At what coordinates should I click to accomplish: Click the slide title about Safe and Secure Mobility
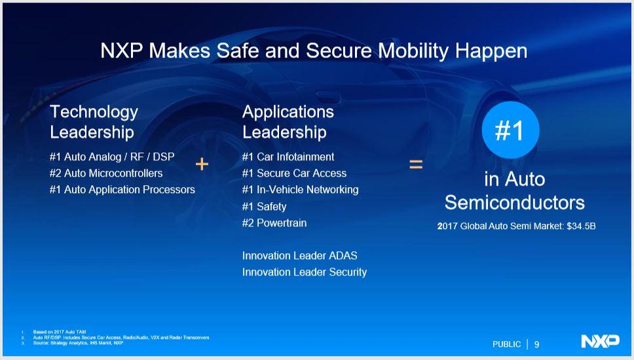click(314, 51)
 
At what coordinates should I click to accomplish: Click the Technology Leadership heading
click(94, 122)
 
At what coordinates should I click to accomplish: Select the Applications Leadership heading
click(288, 122)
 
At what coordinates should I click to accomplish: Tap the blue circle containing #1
click(510, 131)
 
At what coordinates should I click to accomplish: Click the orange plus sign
click(202, 164)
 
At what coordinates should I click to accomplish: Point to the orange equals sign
click(416, 165)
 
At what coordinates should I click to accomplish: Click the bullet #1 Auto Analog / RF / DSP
click(111, 157)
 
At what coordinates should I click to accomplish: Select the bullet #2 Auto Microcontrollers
click(105, 173)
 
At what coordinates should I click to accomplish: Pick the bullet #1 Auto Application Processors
click(122, 190)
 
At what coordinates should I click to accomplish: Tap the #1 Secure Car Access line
click(294, 173)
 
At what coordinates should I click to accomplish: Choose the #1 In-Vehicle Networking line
click(300, 190)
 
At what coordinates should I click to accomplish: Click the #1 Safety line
click(264, 207)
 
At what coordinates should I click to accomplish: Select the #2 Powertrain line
click(274, 223)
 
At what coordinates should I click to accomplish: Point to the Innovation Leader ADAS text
click(299, 256)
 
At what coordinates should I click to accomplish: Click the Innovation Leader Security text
click(304, 272)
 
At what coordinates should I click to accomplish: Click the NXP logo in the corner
click(599, 341)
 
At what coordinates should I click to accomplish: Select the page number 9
click(537, 344)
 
